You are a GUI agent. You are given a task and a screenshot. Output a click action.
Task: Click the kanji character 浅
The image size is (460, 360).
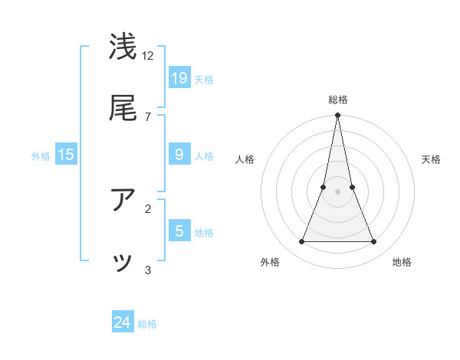tap(123, 47)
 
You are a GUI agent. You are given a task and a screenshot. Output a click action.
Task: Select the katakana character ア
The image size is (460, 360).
tap(123, 200)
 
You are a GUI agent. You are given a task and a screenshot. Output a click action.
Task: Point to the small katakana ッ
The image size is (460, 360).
tap(123, 263)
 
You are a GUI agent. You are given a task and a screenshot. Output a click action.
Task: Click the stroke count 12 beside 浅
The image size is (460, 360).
tap(148, 55)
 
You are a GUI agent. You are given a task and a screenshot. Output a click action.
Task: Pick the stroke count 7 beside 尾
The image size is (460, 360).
tap(147, 116)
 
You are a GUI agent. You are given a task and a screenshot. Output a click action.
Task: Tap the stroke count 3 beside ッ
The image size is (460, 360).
tap(148, 270)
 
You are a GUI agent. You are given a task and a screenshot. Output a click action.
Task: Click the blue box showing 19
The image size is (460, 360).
tap(179, 77)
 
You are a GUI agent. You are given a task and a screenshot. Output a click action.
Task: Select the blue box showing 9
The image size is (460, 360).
tap(179, 155)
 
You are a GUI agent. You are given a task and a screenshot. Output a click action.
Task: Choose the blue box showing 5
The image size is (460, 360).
tap(179, 231)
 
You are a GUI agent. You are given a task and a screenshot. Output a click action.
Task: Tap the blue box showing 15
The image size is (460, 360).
tap(66, 155)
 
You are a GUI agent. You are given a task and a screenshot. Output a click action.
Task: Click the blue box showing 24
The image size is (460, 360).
tap(123, 322)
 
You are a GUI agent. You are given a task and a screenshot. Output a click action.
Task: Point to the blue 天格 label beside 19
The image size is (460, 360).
tap(204, 79)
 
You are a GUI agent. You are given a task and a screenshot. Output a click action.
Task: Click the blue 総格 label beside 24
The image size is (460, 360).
tap(148, 324)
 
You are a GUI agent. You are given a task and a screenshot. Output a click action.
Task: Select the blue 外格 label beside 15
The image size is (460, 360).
tap(41, 156)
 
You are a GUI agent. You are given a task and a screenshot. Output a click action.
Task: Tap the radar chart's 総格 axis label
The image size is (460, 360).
tap(338, 100)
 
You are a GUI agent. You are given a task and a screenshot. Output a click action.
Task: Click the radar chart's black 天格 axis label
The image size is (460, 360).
tap(432, 159)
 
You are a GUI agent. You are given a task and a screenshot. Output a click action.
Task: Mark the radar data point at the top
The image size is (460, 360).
tap(338, 116)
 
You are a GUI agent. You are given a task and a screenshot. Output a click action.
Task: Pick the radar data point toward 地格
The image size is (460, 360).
tap(374, 242)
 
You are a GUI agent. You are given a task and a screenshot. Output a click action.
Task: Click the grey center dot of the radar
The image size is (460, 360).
tap(338, 191)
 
